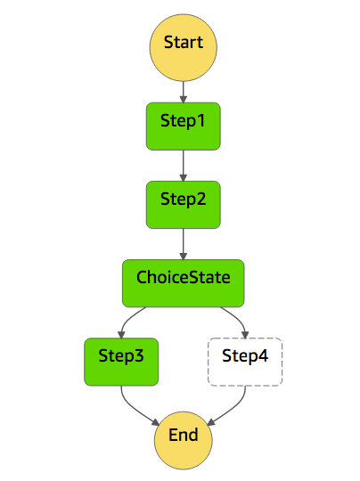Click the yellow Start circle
tap(183, 43)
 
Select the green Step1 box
tap(183, 125)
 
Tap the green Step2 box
tap(183, 204)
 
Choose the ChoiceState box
tap(183, 282)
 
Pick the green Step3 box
tap(121, 362)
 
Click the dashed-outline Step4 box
tap(244, 362)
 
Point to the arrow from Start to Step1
tap(183, 87)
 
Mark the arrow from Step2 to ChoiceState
tap(183, 243)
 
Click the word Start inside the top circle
tap(183, 43)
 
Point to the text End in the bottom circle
tap(183, 437)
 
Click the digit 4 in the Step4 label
tap(265, 356)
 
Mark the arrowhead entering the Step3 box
tap(121, 332)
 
